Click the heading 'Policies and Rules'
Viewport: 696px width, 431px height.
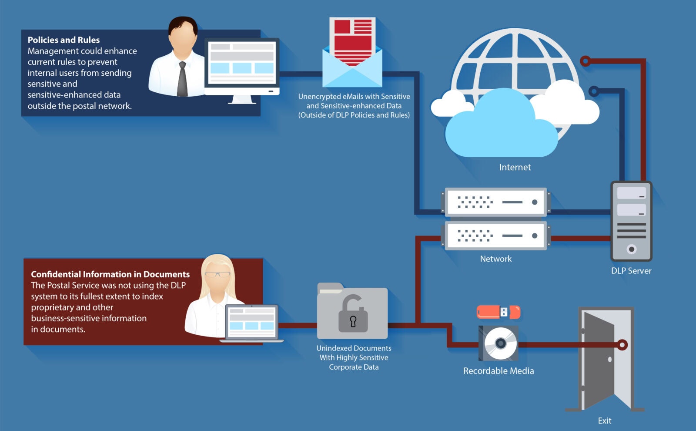tap(64, 40)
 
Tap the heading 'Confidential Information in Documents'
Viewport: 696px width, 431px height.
tap(110, 274)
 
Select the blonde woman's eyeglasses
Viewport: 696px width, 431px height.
tap(217, 274)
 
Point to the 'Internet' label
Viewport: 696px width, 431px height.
tap(515, 167)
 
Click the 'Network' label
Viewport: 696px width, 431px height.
tap(495, 259)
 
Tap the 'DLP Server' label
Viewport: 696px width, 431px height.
tap(631, 271)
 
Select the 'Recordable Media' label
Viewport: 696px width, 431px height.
tap(499, 371)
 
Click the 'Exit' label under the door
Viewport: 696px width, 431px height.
tap(604, 421)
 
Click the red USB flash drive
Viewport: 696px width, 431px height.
tap(498, 312)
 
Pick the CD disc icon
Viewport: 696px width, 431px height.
tap(500, 343)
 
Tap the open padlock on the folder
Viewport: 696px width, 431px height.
tap(353, 314)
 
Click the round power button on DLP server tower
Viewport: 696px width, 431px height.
tap(632, 249)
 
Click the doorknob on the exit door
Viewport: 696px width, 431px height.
tap(610, 360)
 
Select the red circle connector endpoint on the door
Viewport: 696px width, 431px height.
tap(622, 345)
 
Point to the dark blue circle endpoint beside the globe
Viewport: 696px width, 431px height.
tap(594, 91)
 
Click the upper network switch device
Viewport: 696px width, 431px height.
tap(496, 202)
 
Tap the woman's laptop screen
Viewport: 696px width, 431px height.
tap(251, 321)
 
